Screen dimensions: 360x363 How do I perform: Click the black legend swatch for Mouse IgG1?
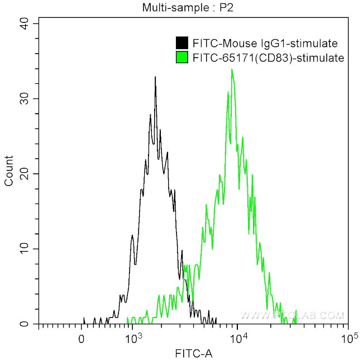181,43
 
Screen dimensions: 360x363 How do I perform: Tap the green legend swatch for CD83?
181,57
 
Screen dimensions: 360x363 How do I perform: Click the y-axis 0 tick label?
26,324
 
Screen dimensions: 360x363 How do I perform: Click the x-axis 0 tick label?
82,339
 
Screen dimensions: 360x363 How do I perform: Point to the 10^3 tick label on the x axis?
132,338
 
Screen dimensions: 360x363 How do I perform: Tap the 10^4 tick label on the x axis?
238,338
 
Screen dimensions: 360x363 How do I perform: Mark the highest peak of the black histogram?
155,77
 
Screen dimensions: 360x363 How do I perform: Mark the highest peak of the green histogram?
231,70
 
